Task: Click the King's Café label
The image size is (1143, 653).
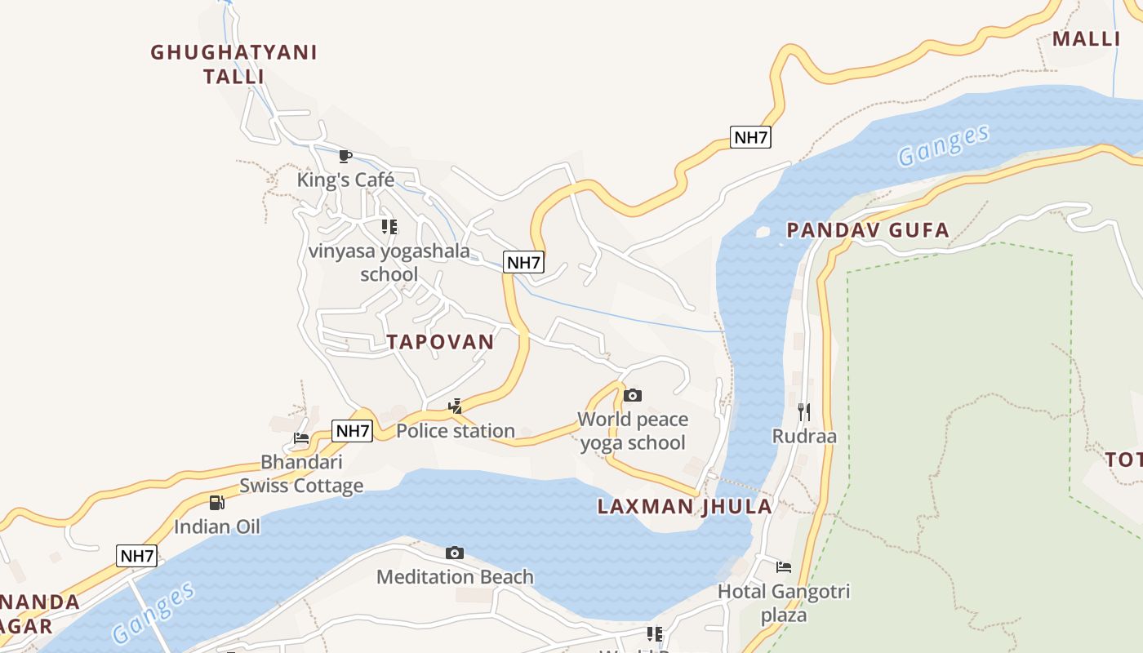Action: pos(345,180)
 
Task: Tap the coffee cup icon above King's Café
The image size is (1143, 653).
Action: pos(345,156)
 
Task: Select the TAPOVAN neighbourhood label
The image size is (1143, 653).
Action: pos(441,342)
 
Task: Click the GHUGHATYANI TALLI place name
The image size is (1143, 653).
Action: pos(233,64)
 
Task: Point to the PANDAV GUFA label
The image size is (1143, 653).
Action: pos(868,230)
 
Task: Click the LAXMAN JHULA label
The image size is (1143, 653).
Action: pos(684,506)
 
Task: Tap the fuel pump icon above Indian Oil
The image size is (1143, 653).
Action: pos(216,503)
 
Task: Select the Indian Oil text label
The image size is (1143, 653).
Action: pos(217,526)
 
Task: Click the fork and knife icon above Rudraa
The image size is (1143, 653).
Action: pos(804,411)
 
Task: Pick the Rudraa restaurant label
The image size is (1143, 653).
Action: pos(804,436)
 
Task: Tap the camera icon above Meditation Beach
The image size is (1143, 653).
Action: pos(455,553)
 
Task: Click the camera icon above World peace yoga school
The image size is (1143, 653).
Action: pos(633,396)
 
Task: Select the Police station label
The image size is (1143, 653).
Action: pos(456,430)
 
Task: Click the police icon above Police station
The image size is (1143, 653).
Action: pos(456,406)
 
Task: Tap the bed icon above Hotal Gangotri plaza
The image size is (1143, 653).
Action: pos(784,566)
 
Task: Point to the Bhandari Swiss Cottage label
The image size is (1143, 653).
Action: pos(301,474)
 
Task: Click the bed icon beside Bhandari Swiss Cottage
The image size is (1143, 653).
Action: pos(301,438)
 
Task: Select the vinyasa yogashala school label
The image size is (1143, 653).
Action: pos(389,262)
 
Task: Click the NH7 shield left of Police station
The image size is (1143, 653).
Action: pos(353,430)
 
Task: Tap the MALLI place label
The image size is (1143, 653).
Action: pos(1086,38)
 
